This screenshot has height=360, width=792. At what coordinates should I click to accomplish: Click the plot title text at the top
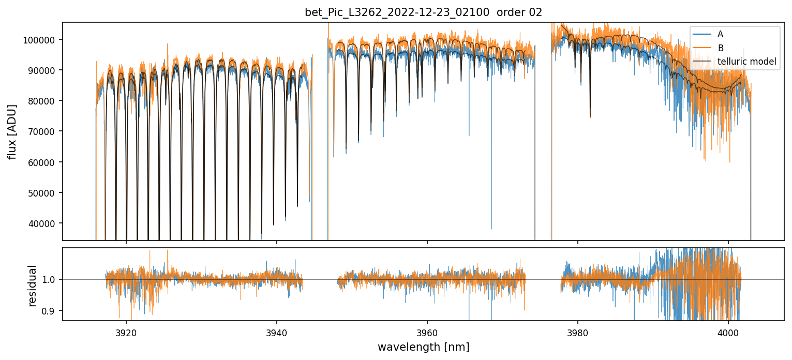tap(423, 12)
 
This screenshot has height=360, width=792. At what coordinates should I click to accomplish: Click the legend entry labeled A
tap(720, 34)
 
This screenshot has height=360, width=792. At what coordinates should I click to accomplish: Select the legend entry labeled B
tap(720, 48)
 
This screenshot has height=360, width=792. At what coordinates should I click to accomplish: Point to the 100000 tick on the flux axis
tap(40, 40)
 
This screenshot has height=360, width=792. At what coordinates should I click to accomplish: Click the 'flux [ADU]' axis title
tap(12, 131)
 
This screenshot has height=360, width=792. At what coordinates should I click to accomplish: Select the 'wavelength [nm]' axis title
tap(423, 347)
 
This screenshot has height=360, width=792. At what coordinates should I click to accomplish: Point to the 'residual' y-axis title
tap(32, 286)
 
